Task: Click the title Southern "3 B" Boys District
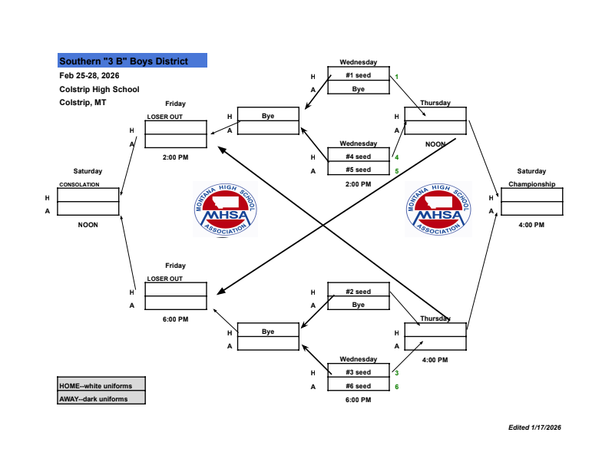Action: [132, 61]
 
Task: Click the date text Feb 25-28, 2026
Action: [89, 75]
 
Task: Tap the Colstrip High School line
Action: [99, 89]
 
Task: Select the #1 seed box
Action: [358, 76]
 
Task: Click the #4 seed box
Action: [358, 157]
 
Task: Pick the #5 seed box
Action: [358, 170]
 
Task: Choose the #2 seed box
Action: [358, 292]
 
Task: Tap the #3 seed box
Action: [358, 372]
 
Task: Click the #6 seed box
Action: [358, 386]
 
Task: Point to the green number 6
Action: [397, 386]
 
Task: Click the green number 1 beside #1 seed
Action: [397, 76]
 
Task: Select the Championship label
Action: [531, 184]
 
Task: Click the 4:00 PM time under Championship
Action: [531, 225]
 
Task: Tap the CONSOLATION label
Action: [80, 185]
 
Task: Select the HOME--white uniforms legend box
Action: [101, 385]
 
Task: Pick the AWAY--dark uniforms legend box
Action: [101, 398]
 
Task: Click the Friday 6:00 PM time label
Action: [175, 319]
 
